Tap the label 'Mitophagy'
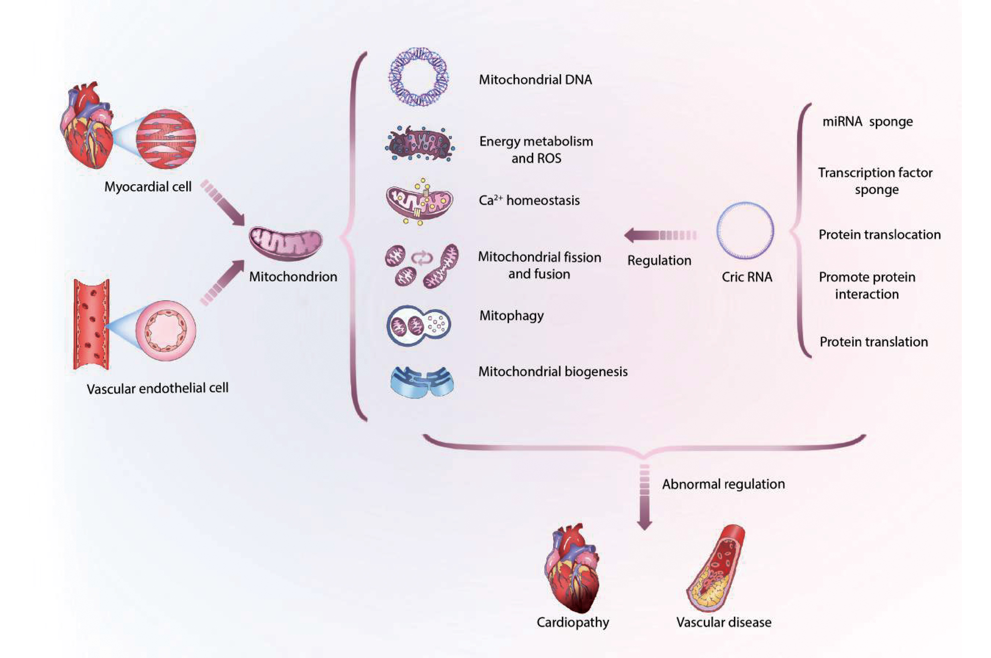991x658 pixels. tap(511, 316)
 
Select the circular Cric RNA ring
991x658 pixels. tap(745, 230)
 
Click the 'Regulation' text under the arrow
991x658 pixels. tap(659, 261)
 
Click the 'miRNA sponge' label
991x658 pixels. tap(867, 122)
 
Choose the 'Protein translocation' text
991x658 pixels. tap(879, 235)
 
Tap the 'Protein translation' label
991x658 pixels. tap(874, 342)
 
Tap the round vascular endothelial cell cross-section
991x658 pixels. tap(165, 330)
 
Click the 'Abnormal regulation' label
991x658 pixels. tap(723, 484)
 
